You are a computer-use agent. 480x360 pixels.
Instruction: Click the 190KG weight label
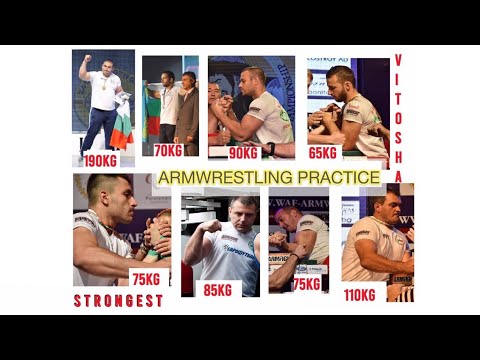99,159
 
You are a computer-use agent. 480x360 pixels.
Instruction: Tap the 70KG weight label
167,150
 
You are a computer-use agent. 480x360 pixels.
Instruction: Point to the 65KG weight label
323,153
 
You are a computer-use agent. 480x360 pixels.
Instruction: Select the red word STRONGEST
118,300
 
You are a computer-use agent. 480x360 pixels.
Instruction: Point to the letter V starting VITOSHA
400,60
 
